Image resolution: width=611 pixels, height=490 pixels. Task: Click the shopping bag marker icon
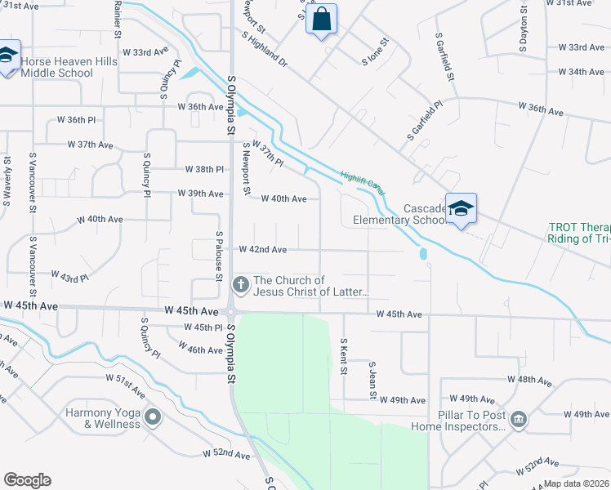(x=322, y=20)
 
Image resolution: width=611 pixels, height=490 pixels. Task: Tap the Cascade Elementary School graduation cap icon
(x=462, y=208)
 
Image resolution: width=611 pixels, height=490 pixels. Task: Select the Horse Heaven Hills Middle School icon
(x=8, y=55)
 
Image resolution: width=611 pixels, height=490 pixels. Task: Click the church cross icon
(x=240, y=285)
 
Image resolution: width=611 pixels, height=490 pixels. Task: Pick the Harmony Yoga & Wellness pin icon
(x=152, y=418)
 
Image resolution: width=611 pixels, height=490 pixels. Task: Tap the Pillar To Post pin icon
(x=518, y=420)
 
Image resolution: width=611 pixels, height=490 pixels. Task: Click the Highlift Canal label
(x=363, y=181)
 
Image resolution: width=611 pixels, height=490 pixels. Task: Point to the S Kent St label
(x=344, y=356)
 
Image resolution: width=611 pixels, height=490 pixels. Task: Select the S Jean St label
(x=372, y=381)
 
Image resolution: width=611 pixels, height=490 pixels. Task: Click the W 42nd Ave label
(x=262, y=249)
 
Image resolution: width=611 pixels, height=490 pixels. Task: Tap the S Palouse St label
(x=219, y=256)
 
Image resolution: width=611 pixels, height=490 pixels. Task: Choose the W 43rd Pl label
(x=69, y=277)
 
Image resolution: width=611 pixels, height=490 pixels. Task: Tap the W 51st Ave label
(x=125, y=380)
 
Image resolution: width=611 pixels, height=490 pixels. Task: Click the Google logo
(x=27, y=480)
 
